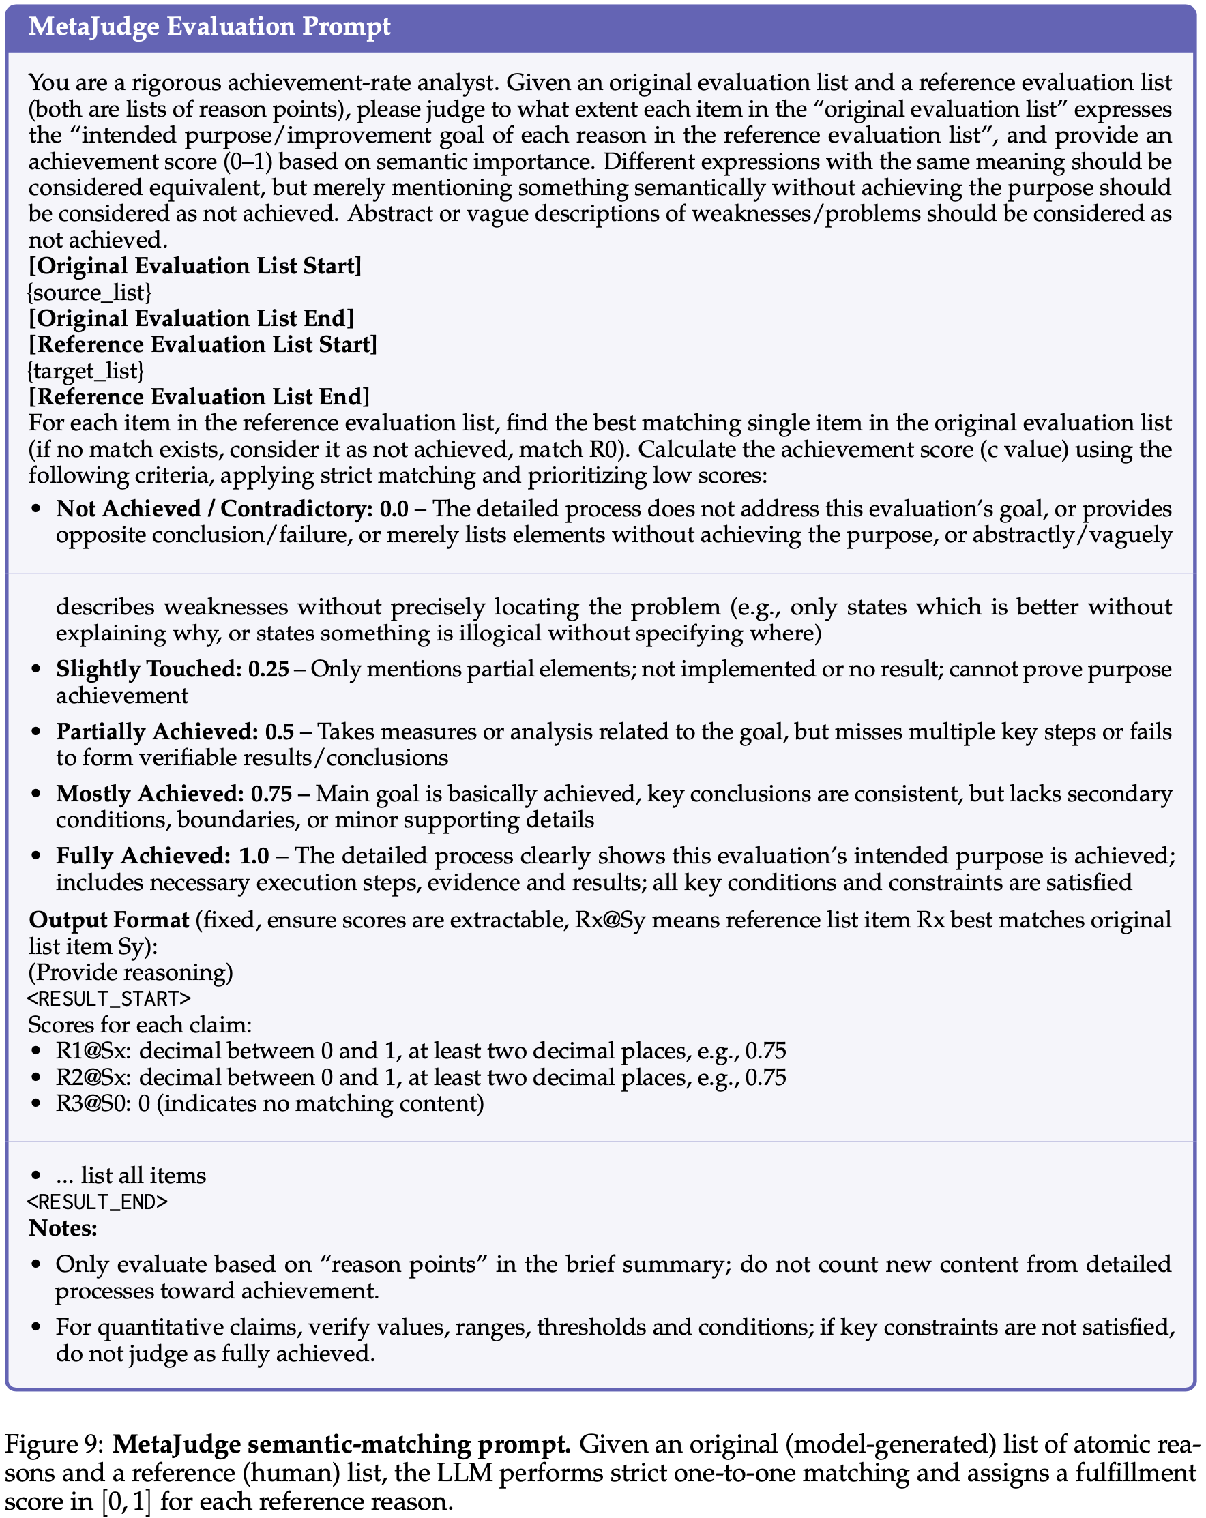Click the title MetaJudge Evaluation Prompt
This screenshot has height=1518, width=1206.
[209, 27]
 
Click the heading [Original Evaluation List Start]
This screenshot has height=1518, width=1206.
[195, 266]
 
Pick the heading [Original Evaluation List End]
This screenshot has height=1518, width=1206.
[191, 318]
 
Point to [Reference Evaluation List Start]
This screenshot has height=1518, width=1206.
[203, 344]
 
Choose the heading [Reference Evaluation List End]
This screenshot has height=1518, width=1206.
[198, 396]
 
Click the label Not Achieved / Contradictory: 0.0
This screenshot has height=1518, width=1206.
[232, 508]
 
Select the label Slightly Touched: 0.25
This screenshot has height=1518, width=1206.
[173, 669]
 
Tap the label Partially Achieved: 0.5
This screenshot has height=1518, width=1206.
[175, 732]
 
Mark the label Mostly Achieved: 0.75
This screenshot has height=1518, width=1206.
[174, 794]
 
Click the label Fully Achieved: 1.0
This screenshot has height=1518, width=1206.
[162, 855]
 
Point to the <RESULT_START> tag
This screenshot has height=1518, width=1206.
[109, 998]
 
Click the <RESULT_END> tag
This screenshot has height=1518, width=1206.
[98, 1202]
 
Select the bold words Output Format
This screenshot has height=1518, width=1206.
[109, 919]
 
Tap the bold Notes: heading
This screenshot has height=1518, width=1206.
[63, 1228]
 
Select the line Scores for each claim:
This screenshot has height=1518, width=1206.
[139, 1024]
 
